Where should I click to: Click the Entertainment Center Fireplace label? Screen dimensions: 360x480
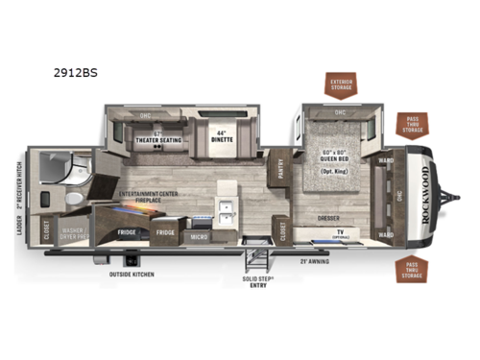coord(154,198)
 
